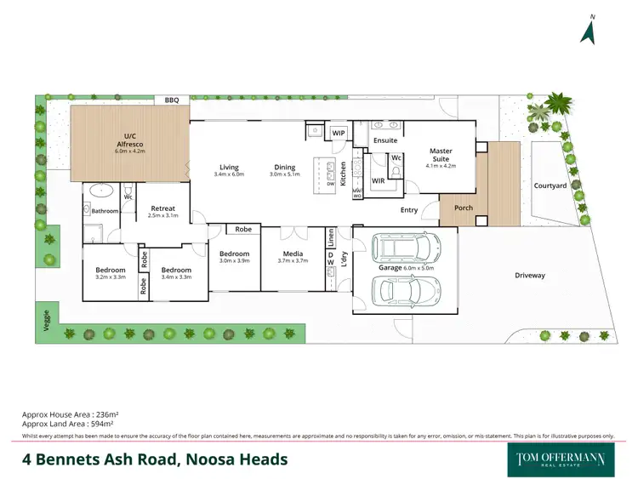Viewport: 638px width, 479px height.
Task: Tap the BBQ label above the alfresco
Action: [172, 101]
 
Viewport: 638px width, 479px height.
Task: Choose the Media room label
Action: [293, 254]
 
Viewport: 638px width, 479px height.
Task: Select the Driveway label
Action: [530, 276]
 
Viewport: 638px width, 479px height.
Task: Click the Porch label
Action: [464, 208]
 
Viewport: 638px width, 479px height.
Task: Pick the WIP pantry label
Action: [338, 134]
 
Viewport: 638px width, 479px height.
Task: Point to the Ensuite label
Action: [385, 140]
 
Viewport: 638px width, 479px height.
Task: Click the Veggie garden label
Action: [45, 321]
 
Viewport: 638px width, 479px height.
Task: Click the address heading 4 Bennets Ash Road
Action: [155, 460]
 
